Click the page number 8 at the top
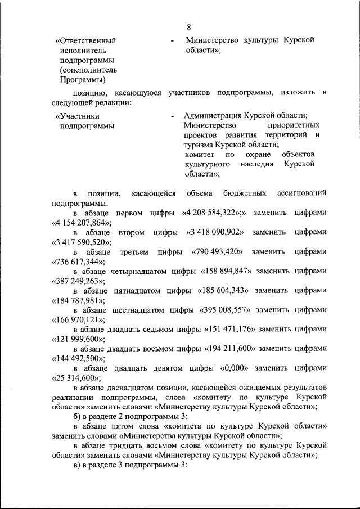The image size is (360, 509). [x=189, y=26]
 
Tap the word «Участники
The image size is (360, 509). [x=79, y=116]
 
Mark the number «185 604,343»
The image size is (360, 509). [x=224, y=290]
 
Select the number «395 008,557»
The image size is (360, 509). [x=226, y=309]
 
